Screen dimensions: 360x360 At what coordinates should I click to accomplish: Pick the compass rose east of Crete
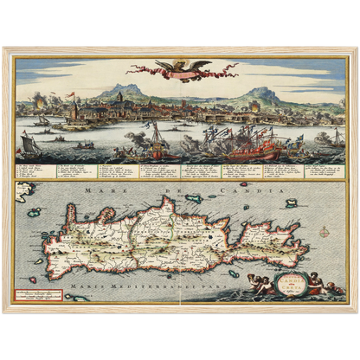323,231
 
